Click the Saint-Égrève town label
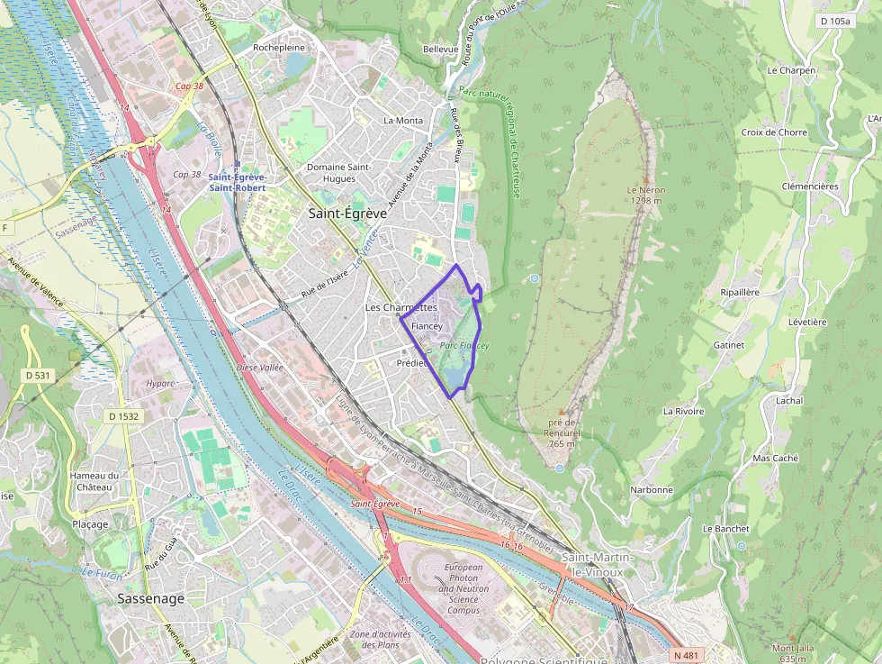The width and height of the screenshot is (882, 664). (347, 214)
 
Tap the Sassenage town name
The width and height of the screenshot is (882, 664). (150, 598)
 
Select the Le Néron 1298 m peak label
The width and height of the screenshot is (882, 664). (645, 196)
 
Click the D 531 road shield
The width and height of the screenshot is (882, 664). (38, 375)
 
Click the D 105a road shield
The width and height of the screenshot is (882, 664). (834, 21)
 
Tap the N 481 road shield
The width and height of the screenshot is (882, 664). (684, 655)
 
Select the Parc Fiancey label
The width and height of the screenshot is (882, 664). (464, 346)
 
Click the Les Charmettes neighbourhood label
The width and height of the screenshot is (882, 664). (400, 307)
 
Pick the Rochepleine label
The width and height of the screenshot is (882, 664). (279, 48)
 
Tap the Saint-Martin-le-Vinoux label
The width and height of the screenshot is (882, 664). (598, 564)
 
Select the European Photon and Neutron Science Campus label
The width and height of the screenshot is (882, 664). (463, 588)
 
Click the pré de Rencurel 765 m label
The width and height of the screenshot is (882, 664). (561, 437)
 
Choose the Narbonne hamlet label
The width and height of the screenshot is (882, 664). (652, 490)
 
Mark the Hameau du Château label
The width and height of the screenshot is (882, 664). (94, 481)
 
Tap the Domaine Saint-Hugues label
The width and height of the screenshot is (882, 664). (338, 172)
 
